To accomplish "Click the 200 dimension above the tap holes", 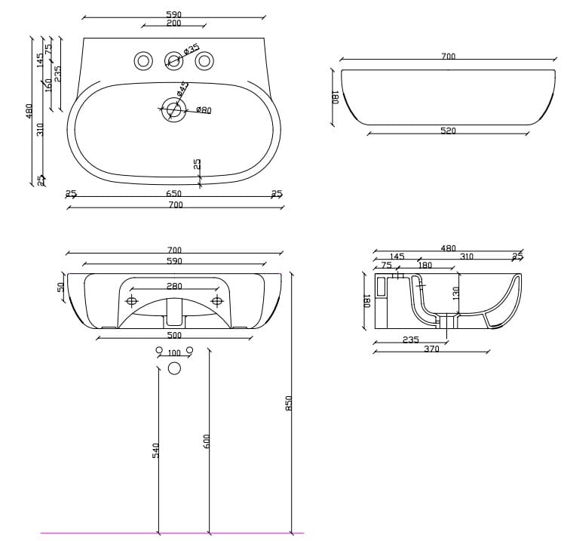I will click(x=173, y=23).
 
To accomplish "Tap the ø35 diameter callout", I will click(x=192, y=49).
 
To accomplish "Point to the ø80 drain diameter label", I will click(x=204, y=110).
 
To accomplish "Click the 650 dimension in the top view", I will click(x=174, y=194).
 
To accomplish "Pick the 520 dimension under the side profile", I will click(x=448, y=131).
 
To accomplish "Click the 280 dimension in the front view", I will click(x=174, y=286).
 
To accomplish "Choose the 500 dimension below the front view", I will click(x=174, y=335).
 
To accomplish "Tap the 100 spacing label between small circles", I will click(x=174, y=353).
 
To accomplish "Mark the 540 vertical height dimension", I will click(x=156, y=450).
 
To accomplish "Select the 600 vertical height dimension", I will click(x=207, y=441).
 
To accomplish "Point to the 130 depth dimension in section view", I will click(x=456, y=293).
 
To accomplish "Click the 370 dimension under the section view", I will click(x=431, y=349).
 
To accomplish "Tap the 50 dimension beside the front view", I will click(x=60, y=288).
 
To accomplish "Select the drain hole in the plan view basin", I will click(x=173, y=111).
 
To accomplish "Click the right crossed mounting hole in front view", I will click(x=217, y=302).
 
